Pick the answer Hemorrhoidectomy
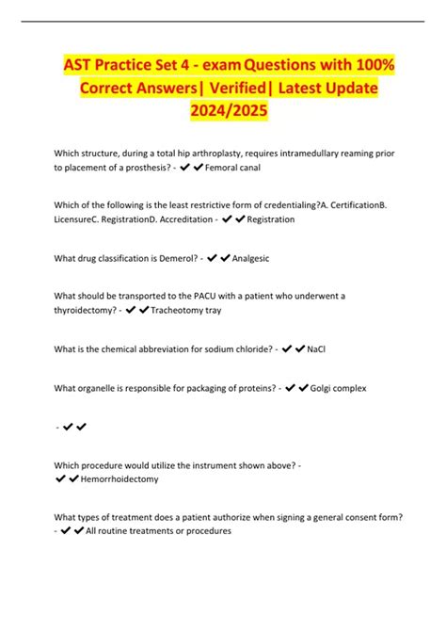click(119, 478)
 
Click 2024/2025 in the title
click(223, 110)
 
